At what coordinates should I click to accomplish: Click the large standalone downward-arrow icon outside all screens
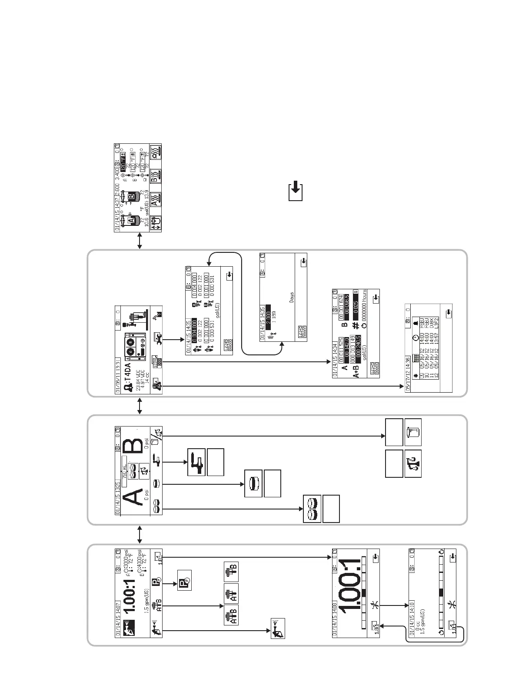coord(296,191)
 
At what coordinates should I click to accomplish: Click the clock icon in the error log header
coord(416,338)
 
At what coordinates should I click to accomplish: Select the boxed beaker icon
coord(413,432)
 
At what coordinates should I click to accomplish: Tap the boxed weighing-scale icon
coord(413,464)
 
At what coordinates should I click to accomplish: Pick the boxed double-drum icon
coord(312,509)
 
